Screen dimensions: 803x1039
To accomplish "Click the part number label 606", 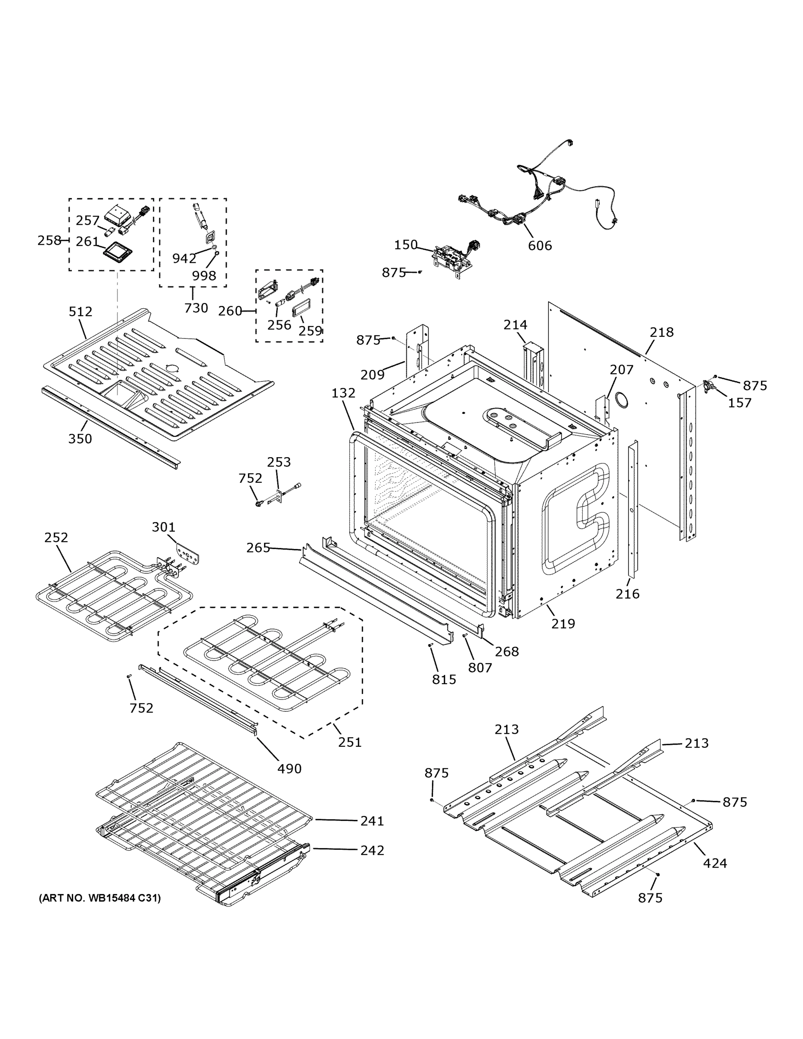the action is pyautogui.click(x=539, y=245).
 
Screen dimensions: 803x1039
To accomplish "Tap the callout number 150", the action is pyautogui.click(x=405, y=245).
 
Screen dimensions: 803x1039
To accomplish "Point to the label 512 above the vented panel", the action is pyautogui.click(x=81, y=312).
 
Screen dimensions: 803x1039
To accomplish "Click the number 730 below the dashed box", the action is pyautogui.click(x=196, y=308).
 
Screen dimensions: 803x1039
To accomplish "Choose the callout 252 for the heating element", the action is pyautogui.click(x=56, y=537).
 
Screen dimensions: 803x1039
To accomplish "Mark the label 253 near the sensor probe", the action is pyautogui.click(x=279, y=462).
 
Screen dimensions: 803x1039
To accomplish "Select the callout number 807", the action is pyautogui.click(x=480, y=668).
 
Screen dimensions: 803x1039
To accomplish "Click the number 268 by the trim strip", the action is pyautogui.click(x=506, y=651).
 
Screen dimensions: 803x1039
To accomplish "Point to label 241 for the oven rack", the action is pyautogui.click(x=372, y=821).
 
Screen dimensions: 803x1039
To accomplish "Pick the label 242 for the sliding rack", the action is pyautogui.click(x=372, y=850).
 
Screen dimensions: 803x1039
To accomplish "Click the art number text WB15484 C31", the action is pyautogui.click(x=100, y=898).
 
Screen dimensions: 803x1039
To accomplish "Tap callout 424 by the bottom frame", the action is pyautogui.click(x=715, y=862).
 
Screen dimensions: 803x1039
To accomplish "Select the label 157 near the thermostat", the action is pyautogui.click(x=740, y=403).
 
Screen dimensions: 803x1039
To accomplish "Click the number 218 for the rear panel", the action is pyautogui.click(x=662, y=332).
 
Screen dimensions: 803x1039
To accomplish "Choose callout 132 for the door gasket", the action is pyautogui.click(x=343, y=393).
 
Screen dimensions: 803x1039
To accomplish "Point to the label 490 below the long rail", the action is pyautogui.click(x=289, y=768).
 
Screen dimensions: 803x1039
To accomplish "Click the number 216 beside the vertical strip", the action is pyautogui.click(x=627, y=593).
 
